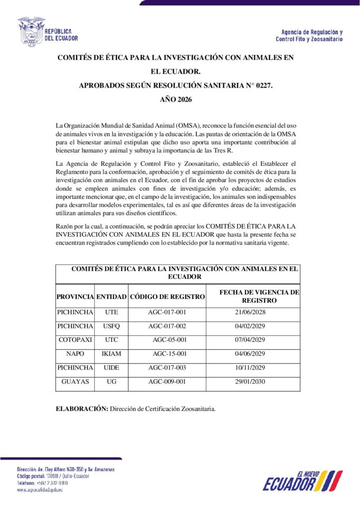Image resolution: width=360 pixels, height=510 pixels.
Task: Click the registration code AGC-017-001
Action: point(167,313)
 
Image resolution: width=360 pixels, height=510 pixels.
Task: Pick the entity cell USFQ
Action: point(112,326)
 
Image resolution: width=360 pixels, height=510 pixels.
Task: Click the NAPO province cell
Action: point(75,354)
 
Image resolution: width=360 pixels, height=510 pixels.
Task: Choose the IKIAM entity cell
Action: point(112,354)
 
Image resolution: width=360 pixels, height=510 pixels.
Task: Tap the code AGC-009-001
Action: point(167,382)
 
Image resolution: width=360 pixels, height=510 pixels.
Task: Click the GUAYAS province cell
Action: point(75,382)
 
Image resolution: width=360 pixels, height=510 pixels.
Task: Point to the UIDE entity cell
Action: point(112,368)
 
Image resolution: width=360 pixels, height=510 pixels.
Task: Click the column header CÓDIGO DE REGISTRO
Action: point(167,297)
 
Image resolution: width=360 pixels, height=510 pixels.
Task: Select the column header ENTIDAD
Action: point(112,297)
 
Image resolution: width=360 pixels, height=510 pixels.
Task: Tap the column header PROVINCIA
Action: point(75,297)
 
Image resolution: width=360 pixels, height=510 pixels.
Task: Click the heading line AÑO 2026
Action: point(176,100)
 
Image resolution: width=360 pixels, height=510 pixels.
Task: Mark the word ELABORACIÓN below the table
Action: point(82,409)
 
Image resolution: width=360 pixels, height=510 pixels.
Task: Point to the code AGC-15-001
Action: point(170,354)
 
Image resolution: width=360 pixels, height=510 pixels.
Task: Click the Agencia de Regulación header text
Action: point(309,35)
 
